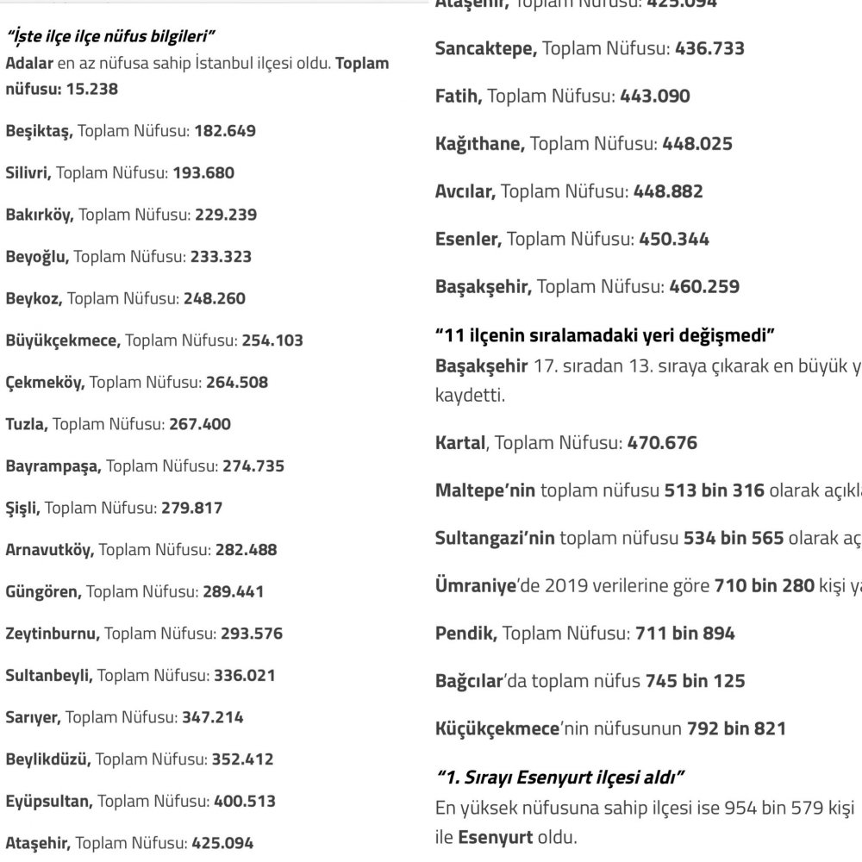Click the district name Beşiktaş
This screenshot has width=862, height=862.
[40, 131]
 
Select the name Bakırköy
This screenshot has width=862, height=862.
[40, 215]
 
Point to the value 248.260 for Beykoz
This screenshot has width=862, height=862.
[214, 298]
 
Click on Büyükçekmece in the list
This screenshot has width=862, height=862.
[62, 340]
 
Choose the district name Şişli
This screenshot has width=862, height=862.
[22, 508]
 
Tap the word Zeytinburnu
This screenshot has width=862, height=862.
[52, 634]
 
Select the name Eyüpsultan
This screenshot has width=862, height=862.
[48, 801]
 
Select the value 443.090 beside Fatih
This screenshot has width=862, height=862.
[655, 97]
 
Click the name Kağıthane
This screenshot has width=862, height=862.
[479, 144]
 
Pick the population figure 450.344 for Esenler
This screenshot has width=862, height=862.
[674, 239]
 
